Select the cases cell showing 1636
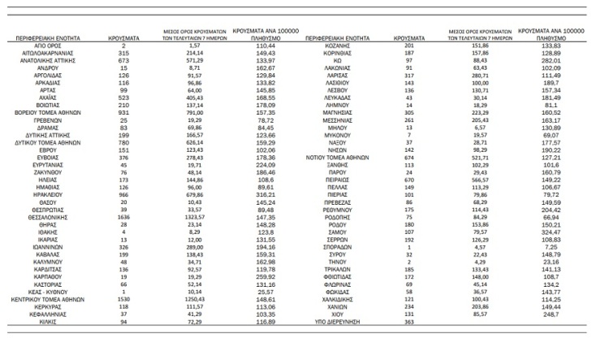coord(124,241)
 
